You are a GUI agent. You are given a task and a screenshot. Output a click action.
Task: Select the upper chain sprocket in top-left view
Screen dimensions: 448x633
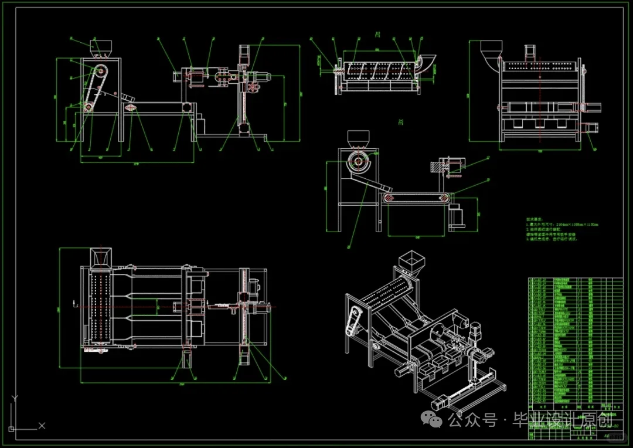tap(100, 71)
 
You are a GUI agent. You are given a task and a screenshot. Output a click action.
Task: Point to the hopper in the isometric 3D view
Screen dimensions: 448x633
tap(411, 260)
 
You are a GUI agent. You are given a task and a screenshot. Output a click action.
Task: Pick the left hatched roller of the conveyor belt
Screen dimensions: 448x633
tap(388, 198)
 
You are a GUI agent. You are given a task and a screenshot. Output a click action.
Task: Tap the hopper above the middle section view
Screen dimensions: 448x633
tap(357, 138)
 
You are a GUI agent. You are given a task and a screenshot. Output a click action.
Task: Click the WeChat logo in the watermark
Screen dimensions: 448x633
tap(434, 419)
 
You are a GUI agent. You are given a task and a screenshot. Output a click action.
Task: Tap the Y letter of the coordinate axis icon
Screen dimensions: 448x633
tap(15, 399)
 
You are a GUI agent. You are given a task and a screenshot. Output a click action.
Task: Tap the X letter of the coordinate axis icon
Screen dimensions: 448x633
tap(42, 426)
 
